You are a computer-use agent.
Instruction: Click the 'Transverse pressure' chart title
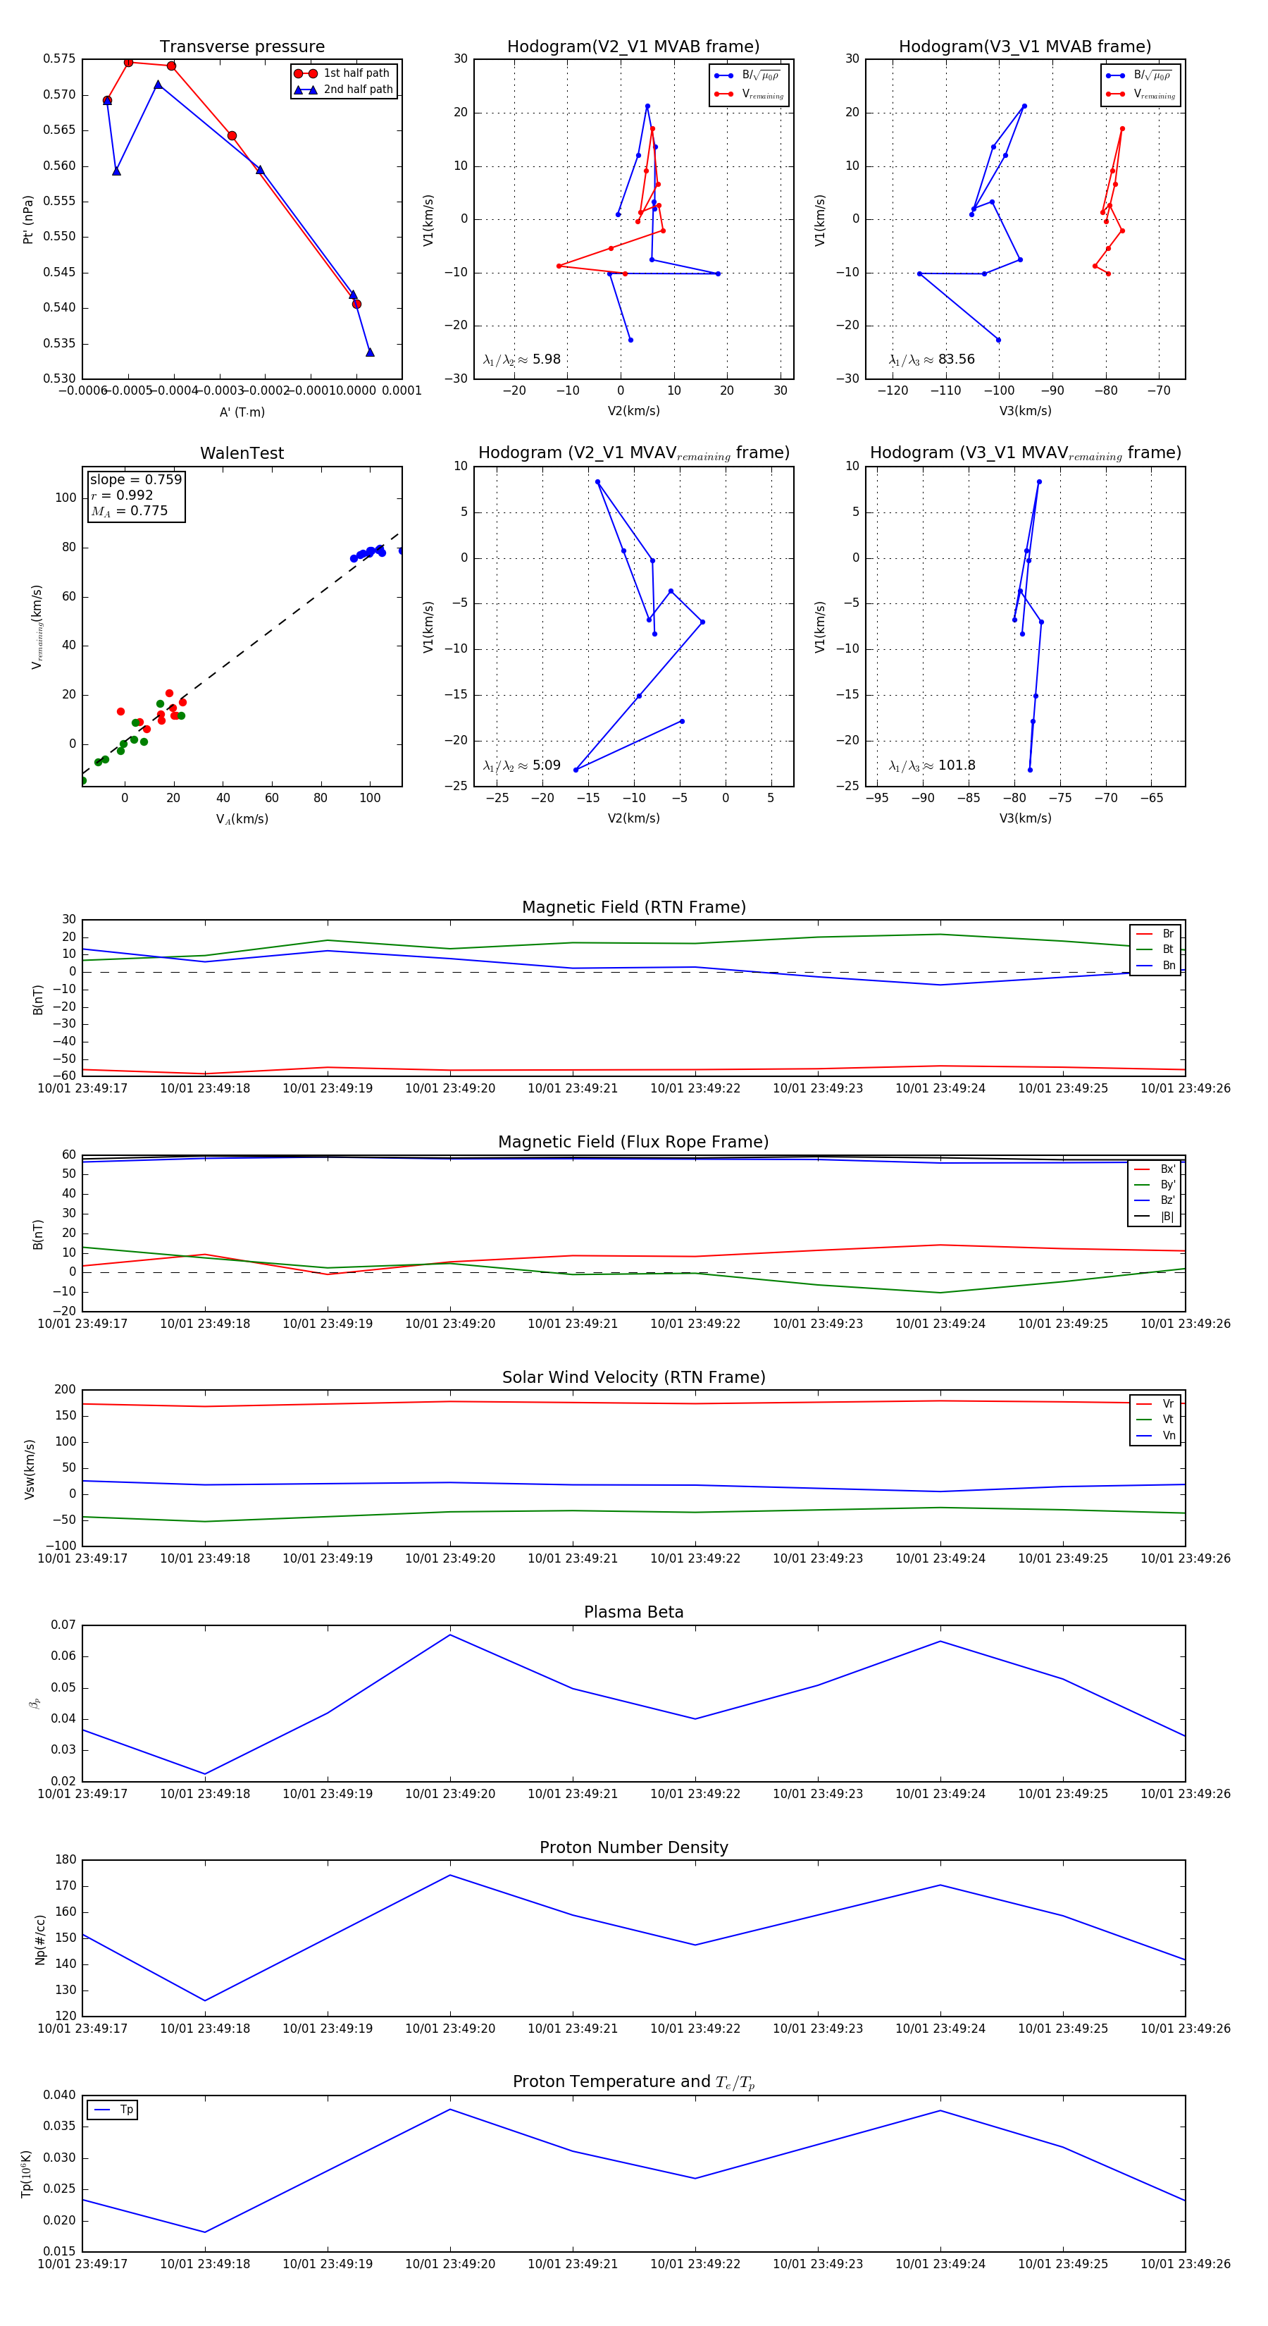242,47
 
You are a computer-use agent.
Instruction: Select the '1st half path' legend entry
356,73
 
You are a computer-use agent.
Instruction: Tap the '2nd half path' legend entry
357,90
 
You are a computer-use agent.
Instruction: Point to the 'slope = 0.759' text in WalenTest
135,479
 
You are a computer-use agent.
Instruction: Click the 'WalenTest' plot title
242,453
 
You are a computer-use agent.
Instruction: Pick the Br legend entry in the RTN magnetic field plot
1167,934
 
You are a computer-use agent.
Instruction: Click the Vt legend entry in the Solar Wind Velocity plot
1167,1420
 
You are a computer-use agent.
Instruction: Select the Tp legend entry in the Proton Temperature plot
125,2110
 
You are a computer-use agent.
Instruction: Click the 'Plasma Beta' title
633,1612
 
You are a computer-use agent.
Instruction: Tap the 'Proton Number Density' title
633,1847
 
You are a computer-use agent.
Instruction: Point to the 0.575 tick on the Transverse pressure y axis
60,59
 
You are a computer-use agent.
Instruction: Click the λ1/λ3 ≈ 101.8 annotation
932,765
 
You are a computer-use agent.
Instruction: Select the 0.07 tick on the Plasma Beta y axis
63,1625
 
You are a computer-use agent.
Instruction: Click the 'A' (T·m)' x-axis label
242,412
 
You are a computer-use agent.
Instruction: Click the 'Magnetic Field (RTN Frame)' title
633,907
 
